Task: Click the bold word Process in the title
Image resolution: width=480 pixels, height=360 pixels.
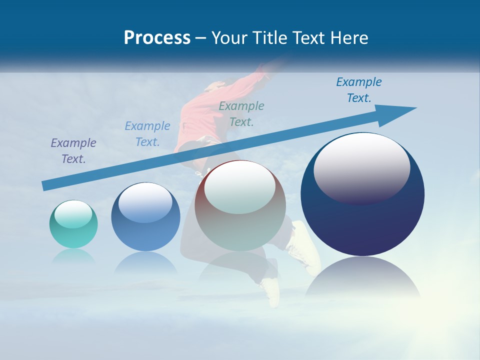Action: (157, 38)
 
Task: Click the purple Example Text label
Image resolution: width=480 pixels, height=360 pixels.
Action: (73, 150)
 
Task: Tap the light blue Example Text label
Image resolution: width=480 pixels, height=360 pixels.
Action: (147, 133)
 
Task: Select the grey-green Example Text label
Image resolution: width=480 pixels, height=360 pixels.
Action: (241, 113)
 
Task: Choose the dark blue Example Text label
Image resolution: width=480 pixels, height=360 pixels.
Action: (359, 89)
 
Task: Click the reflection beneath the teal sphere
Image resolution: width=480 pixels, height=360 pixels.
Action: (73, 256)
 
